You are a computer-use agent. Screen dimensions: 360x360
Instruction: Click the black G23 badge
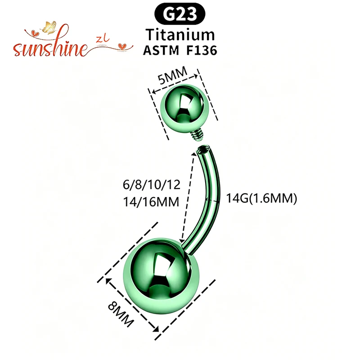point(180,14)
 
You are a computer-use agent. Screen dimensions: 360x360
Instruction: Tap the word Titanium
point(180,35)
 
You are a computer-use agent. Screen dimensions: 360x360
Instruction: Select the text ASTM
point(161,50)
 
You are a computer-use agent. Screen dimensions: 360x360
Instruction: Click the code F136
point(202,50)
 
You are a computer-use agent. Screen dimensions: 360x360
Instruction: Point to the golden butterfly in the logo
point(49,27)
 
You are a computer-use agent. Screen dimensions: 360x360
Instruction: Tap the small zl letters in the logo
point(103,40)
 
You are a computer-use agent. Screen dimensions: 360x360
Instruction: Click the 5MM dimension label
point(172,76)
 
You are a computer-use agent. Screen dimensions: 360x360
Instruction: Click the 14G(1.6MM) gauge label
point(261,198)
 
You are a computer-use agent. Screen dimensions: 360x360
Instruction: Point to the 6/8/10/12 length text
point(152,184)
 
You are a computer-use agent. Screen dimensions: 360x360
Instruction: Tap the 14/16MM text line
point(151,202)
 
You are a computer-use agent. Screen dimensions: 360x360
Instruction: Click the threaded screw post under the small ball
point(197,135)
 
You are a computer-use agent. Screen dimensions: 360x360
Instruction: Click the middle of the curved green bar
point(211,198)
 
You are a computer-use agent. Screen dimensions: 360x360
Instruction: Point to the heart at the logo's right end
point(121,46)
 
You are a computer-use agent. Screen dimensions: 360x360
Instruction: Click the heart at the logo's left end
point(35,33)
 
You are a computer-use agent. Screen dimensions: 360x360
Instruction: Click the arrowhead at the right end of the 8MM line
point(156,329)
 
